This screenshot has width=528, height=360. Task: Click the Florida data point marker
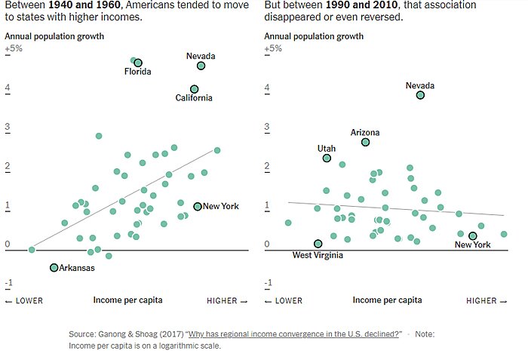coord(138,63)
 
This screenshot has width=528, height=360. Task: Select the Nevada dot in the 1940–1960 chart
coord(201,66)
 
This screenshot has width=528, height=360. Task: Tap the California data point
coord(195,89)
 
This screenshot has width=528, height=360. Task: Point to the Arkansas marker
coord(54,268)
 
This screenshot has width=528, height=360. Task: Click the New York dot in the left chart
coord(198,206)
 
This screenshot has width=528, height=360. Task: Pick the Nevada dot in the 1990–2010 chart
coord(420,95)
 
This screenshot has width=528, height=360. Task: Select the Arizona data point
coord(365,142)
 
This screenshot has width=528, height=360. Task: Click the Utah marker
coord(327,158)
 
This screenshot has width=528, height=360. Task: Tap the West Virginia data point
coord(318,244)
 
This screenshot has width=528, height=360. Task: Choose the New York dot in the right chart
coord(473,236)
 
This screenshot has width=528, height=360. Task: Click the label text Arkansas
coord(77,268)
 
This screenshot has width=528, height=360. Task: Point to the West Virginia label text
coord(318,255)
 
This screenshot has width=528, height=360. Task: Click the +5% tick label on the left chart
coord(14,48)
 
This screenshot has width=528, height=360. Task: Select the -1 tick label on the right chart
coord(268,283)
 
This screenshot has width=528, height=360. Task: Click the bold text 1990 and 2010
coord(336,5)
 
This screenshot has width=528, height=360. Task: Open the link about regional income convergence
coord(294,334)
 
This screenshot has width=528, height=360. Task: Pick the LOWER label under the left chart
coord(24,300)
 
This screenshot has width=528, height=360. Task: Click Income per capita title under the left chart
coord(127,300)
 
